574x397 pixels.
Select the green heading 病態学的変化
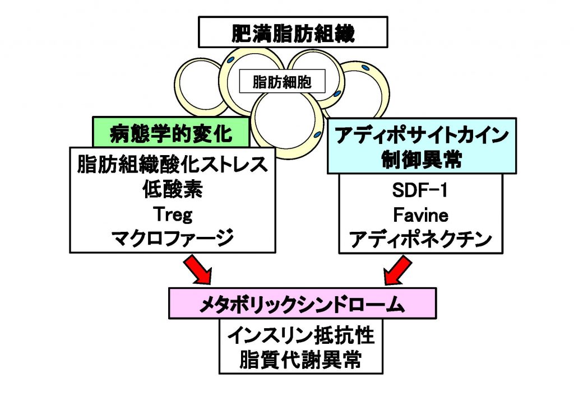coord(171,133)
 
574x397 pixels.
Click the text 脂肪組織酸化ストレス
coord(172,166)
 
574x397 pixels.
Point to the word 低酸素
coord(172,190)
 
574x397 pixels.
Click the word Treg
coord(172,215)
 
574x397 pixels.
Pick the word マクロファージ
coord(172,239)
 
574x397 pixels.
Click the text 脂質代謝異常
coord(301,360)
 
